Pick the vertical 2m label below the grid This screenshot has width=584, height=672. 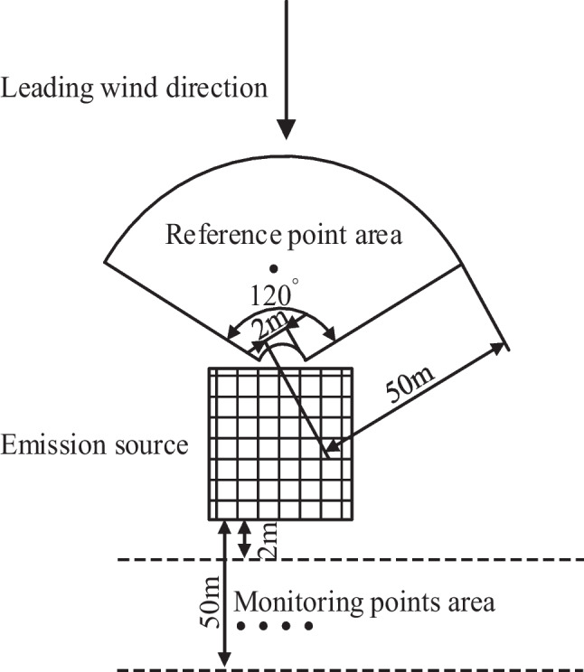(x=268, y=542)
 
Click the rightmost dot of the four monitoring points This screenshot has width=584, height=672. (x=309, y=626)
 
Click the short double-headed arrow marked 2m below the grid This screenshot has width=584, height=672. (x=244, y=540)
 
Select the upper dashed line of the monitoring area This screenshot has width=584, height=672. (x=362, y=560)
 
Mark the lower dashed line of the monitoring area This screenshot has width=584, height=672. (x=362, y=669)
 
